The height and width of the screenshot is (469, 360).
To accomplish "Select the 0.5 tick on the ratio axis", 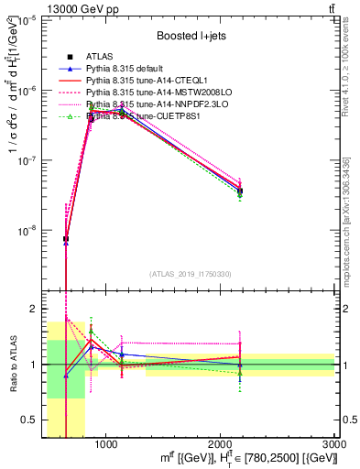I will pos(31,420).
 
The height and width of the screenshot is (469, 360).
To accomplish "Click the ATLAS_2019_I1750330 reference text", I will pos(191,274).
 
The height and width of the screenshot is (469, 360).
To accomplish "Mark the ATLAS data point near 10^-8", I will pos(66,239).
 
